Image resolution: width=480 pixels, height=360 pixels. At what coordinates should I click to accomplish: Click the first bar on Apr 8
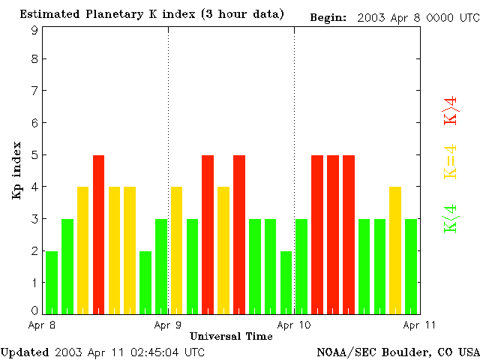pos(52,282)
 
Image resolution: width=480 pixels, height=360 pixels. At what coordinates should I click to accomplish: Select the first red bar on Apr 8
pos(98,234)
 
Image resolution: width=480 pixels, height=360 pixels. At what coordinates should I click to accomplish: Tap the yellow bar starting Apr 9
pos(176,250)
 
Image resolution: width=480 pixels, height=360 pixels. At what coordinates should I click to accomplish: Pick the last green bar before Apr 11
pos(411,265)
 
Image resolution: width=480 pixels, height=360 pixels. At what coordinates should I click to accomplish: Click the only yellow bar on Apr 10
pos(395,250)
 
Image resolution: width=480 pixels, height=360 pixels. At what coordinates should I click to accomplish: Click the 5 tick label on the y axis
pos(34,155)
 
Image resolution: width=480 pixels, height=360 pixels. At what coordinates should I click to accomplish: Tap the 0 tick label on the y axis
pos(34,310)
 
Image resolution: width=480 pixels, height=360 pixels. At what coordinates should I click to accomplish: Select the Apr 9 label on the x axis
pos(168,325)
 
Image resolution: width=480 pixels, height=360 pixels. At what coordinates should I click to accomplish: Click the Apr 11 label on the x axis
pos(420,325)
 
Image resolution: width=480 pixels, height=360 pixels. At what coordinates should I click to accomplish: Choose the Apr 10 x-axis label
pos(294,325)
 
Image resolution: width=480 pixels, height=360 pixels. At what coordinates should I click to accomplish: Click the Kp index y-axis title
pos(16,170)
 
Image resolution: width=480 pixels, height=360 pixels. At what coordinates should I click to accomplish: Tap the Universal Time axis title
pos(231,336)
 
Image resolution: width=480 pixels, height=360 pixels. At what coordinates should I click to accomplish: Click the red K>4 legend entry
pos(450,110)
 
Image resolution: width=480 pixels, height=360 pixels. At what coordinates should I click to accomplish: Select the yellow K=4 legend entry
pos(450,161)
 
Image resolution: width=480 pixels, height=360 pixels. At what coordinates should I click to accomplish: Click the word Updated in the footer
pos(23,352)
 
